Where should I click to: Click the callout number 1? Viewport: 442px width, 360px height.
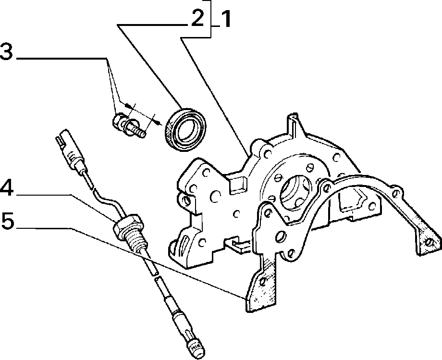coord(224,19)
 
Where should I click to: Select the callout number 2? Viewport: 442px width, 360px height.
coord(197,18)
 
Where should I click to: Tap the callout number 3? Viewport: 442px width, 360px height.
coord(6,51)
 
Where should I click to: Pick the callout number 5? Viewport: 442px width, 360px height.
coord(8,221)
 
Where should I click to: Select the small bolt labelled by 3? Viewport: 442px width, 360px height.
coord(129,126)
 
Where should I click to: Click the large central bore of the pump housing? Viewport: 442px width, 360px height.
coord(295,193)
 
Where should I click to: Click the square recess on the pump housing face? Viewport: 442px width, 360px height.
coord(238,184)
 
